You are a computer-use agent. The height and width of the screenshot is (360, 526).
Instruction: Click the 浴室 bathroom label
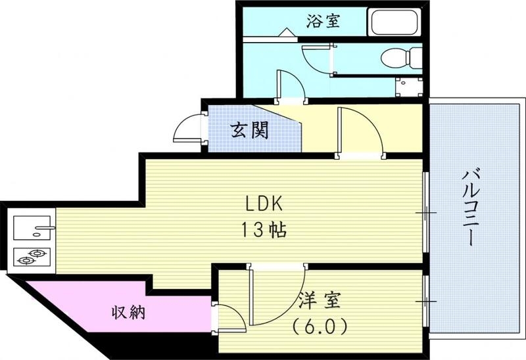[x=323, y=21]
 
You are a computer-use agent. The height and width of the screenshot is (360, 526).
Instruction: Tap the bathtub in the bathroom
[x=395, y=23]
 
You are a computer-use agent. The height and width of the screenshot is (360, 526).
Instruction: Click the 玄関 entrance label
[x=249, y=130]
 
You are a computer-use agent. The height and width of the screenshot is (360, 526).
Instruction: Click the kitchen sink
[x=33, y=227]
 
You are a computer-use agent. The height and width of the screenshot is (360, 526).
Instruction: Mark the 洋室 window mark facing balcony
[x=425, y=301]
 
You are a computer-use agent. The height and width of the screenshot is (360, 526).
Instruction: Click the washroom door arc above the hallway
[x=290, y=85]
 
